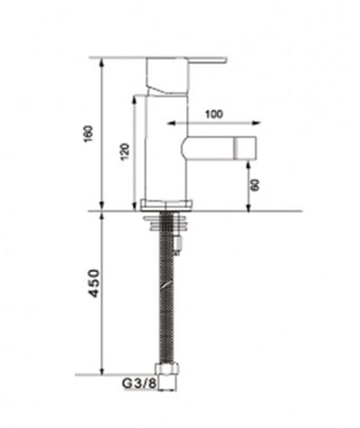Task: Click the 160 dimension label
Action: click(x=89, y=134)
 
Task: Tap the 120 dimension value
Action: click(x=125, y=151)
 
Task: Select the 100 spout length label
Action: click(x=214, y=114)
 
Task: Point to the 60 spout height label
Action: click(x=255, y=185)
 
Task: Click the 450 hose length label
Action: click(x=94, y=283)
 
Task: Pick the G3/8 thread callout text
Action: click(x=139, y=383)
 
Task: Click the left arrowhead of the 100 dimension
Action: click(x=171, y=123)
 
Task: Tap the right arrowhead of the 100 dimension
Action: click(x=256, y=123)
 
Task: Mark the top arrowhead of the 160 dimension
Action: click(x=102, y=63)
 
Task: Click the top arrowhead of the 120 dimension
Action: click(x=134, y=100)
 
